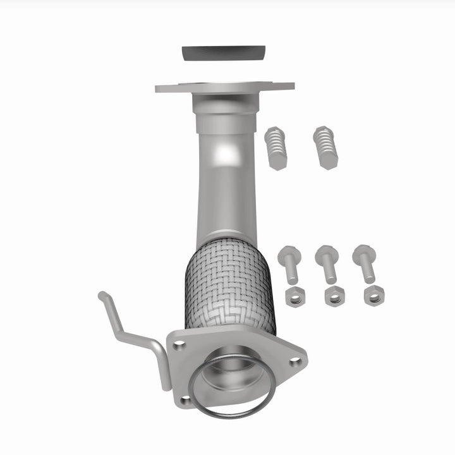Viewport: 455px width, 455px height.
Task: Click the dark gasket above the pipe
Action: (222, 52)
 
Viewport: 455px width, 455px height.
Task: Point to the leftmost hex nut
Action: (293, 295)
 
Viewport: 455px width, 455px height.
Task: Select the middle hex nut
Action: (334, 295)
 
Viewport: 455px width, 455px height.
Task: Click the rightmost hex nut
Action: (373, 295)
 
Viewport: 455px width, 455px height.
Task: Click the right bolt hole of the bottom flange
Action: (294, 361)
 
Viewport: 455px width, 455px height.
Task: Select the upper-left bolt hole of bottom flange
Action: (179, 345)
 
